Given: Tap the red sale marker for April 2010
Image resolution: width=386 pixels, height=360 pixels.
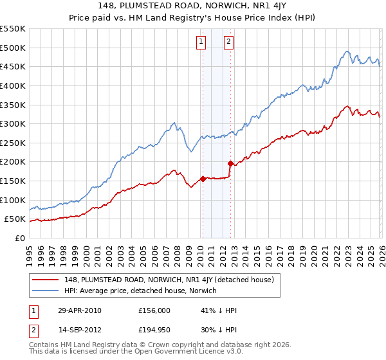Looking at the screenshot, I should click(203, 179).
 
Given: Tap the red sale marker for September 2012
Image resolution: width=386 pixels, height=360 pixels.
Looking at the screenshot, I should click(230, 163).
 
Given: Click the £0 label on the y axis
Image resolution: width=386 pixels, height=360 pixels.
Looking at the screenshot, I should click(19, 238).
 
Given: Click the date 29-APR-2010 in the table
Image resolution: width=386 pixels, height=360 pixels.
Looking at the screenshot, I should click(79, 310).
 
